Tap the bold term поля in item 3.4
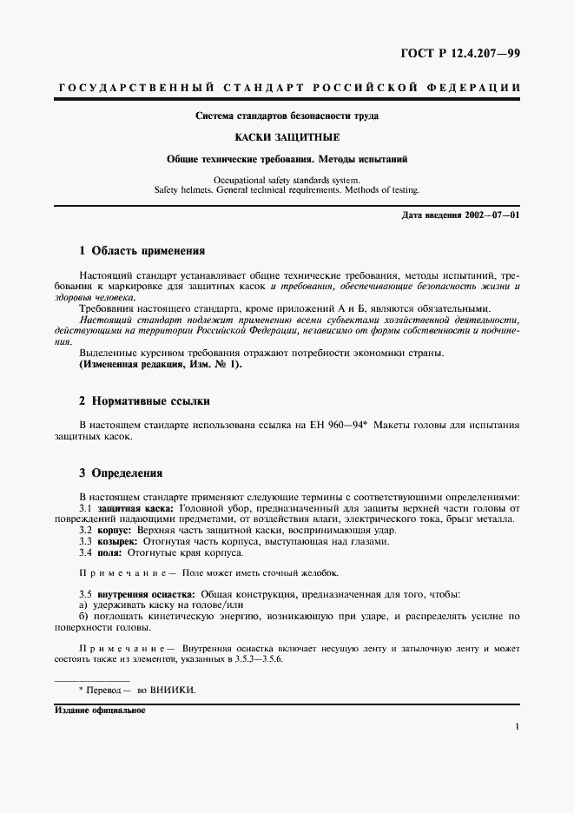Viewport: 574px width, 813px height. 110,552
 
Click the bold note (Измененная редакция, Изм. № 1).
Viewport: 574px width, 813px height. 161,364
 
